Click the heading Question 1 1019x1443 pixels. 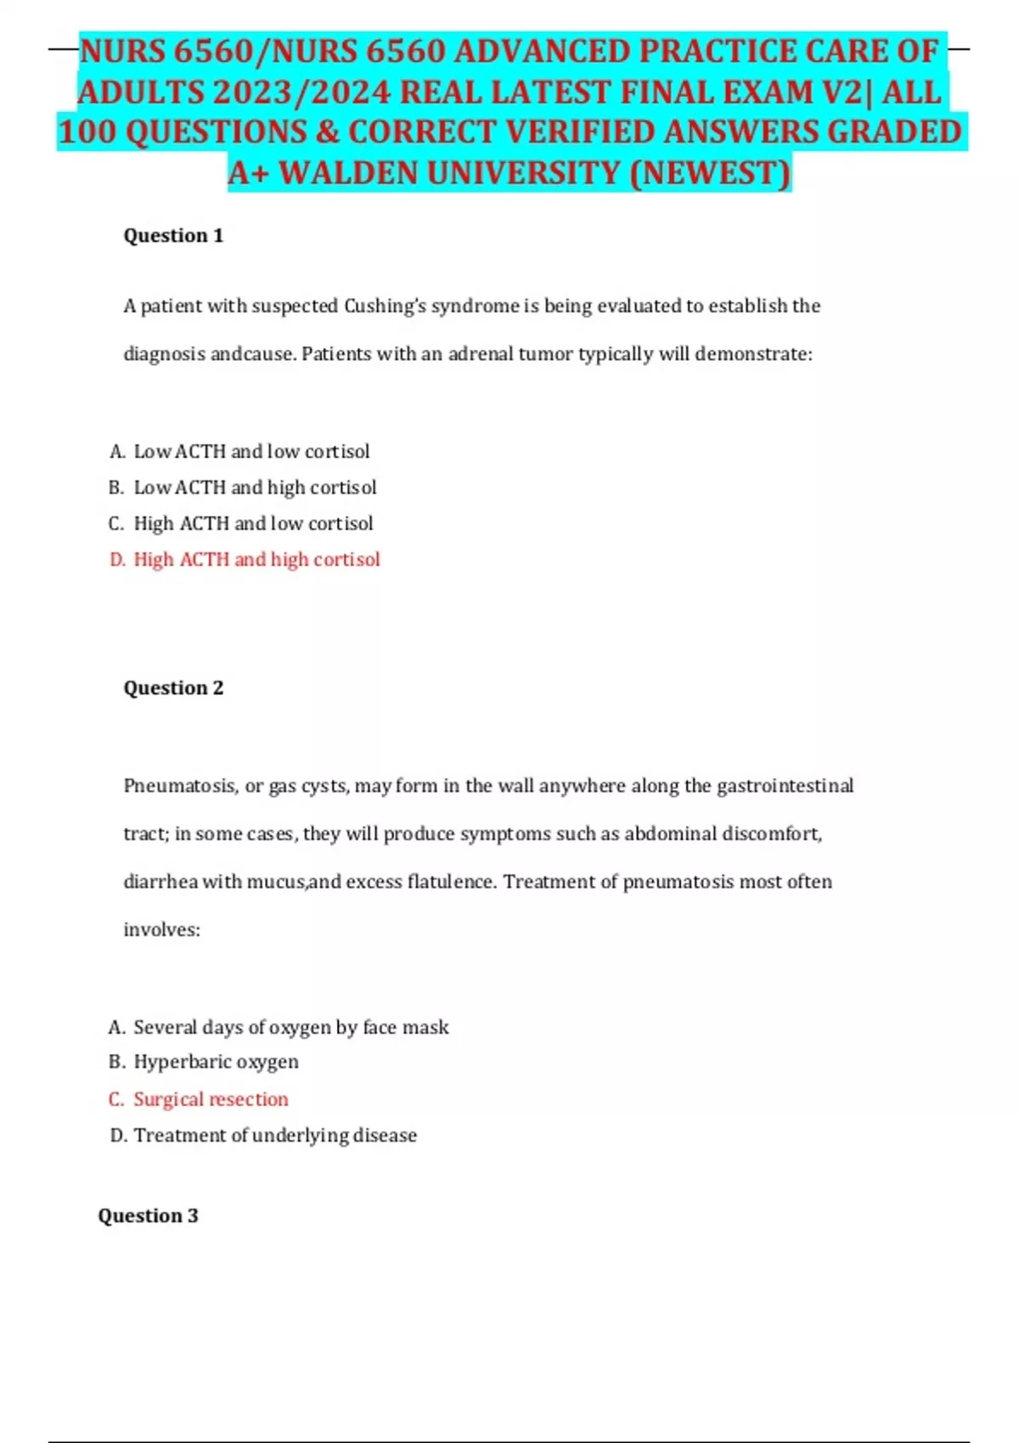(x=173, y=236)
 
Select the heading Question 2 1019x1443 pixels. (x=173, y=688)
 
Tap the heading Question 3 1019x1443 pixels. (x=148, y=1216)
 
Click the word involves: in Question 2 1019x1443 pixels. (x=161, y=930)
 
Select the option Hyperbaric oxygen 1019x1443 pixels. (x=216, y=1063)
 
